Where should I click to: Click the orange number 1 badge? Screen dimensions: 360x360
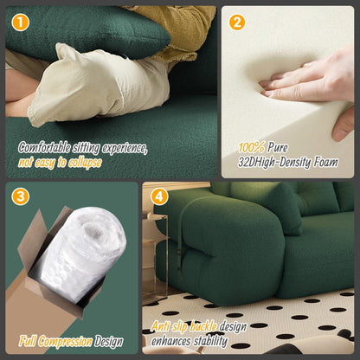pos(21,22)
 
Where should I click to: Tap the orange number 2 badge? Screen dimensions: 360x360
pos(237,22)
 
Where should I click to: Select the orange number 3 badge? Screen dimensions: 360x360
pos(21,196)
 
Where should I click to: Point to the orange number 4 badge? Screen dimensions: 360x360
pos(159,196)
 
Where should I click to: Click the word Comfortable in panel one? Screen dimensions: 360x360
pos(44,148)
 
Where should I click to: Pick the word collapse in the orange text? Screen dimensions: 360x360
pos(85,163)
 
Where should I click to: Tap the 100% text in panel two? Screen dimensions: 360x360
pos(251,148)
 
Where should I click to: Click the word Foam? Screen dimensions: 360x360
pos(326,162)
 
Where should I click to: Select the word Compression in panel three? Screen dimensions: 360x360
pos(65,342)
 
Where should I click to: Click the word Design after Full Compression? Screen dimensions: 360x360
pos(108,342)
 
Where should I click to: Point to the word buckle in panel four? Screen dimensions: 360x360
pos(203,326)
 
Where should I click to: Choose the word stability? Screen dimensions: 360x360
pos(211,341)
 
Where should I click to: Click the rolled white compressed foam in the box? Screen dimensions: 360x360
pos(80,254)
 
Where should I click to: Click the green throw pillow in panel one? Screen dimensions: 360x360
pos(84,32)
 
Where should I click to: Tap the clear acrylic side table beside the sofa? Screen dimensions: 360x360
pos(154,257)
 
